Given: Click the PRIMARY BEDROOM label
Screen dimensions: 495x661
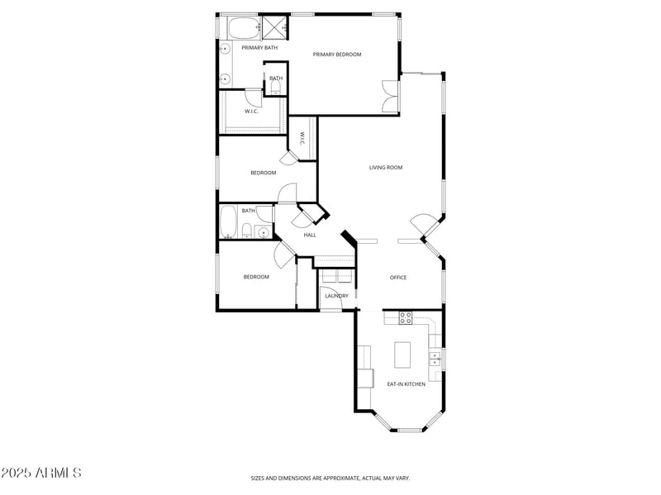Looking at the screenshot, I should [x=336, y=55].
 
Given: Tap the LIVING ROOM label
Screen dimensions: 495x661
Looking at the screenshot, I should [x=385, y=168].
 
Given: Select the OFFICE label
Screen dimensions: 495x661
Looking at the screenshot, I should [x=398, y=278].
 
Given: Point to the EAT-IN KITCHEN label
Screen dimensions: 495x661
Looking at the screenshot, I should [x=407, y=384].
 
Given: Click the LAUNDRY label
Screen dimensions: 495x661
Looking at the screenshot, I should [x=335, y=296].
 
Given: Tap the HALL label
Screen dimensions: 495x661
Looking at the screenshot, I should [x=310, y=235].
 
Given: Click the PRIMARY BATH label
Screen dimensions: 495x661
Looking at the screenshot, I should [x=259, y=48].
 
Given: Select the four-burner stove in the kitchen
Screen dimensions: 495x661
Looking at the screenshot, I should [x=406, y=317].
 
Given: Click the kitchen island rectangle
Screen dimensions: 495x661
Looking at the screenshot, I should [x=403, y=355].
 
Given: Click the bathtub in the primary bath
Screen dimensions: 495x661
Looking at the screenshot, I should [x=243, y=29].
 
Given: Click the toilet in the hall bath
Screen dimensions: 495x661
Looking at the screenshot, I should [x=247, y=230].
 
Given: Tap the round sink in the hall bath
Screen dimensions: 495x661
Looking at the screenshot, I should [x=264, y=231].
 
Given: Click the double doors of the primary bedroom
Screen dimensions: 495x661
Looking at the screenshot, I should [x=389, y=97].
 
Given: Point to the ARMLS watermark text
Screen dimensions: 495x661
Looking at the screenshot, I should [x=41, y=474].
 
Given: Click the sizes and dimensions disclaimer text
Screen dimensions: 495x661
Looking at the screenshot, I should [x=330, y=478].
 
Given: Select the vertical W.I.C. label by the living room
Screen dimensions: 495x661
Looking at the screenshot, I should [x=302, y=139].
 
